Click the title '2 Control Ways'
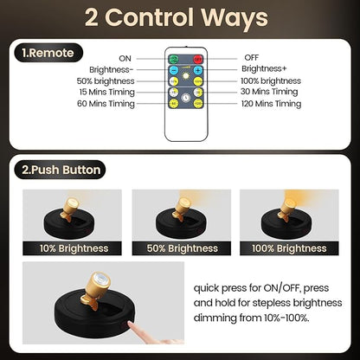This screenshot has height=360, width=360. coord(180,19)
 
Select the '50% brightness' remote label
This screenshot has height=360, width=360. coord(106,80)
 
